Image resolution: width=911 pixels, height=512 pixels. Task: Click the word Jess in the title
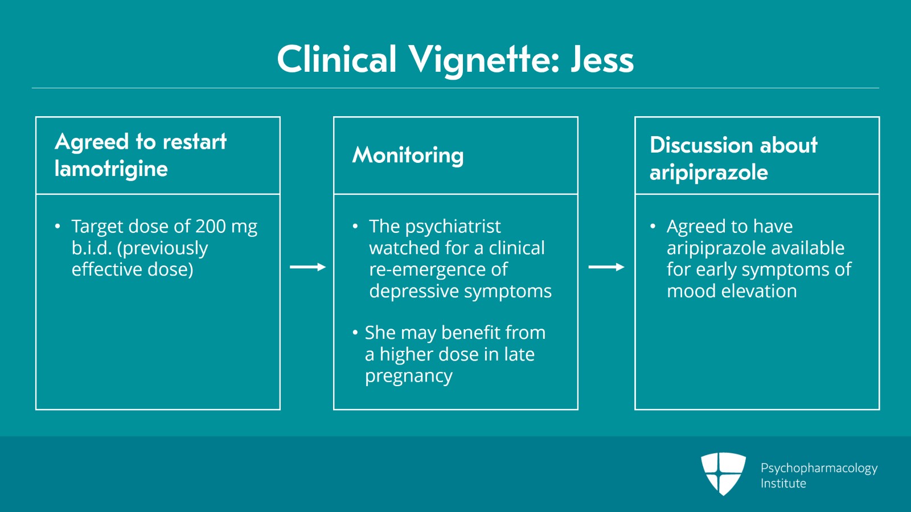click(x=602, y=59)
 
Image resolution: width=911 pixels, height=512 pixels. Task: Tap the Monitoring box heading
click(x=408, y=155)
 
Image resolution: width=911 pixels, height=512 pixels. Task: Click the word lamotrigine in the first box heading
click(x=111, y=169)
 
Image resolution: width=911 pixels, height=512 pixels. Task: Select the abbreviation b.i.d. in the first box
click(x=92, y=248)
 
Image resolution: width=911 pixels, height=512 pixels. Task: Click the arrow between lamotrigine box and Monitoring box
click(x=308, y=267)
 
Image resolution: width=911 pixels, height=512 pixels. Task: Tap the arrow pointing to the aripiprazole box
click(x=606, y=267)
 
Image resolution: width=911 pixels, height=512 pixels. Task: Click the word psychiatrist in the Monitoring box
click(x=453, y=227)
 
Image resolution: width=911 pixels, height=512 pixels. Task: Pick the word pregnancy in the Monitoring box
click(x=408, y=376)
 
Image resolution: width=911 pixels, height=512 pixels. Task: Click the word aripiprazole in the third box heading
click(x=709, y=173)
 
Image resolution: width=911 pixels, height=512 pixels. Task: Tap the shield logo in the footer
click(x=723, y=474)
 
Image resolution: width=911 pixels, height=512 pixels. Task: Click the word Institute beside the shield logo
click(x=783, y=484)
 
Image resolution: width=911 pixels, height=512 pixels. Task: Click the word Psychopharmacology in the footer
click(x=819, y=469)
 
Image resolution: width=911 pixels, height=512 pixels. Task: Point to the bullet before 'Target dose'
click(x=58, y=226)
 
